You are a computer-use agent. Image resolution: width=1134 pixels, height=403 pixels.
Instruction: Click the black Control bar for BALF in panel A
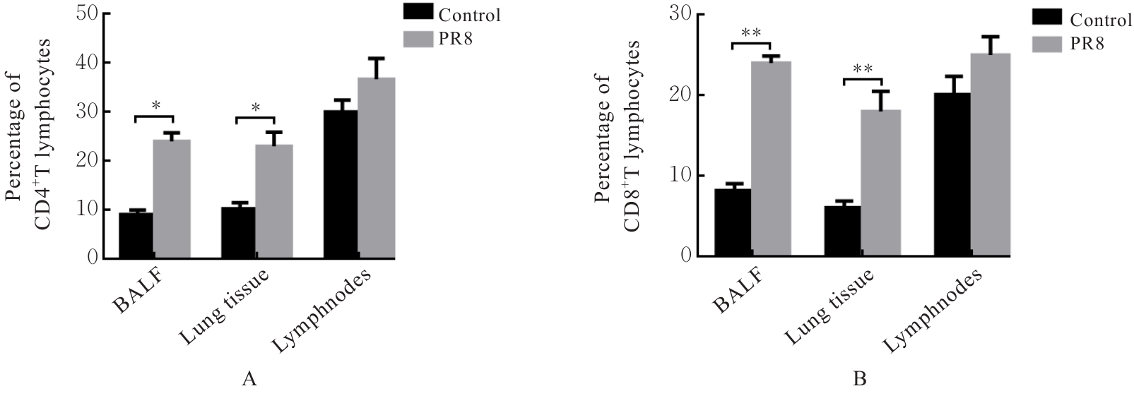point(136,235)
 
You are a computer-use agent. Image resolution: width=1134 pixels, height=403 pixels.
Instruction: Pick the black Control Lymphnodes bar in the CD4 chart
point(341,184)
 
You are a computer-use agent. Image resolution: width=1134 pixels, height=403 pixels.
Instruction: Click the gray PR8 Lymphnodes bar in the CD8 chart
point(991,155)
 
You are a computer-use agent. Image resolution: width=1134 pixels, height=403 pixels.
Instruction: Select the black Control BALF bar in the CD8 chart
point(733,222)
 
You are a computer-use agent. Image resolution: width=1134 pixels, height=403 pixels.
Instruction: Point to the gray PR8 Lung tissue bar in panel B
point(880,183)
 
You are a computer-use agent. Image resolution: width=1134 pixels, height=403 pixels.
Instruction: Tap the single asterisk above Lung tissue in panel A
point(256,107)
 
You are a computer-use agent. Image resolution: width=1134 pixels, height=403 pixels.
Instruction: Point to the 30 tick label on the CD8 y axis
point(681,14)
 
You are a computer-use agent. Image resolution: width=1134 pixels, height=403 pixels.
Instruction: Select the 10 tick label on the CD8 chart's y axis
point(681,176)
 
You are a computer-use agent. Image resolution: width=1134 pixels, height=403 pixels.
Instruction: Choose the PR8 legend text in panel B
point(1087,44)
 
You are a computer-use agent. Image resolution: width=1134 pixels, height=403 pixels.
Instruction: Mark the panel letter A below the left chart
point(248,380)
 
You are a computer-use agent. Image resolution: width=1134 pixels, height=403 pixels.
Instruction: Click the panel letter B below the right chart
point(860,380)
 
